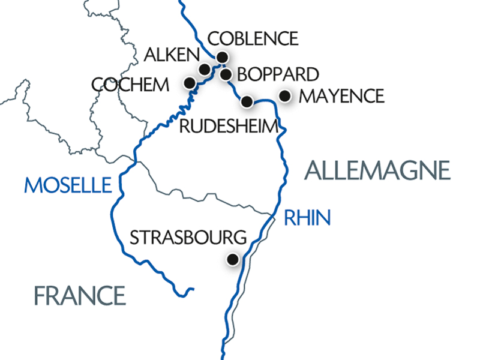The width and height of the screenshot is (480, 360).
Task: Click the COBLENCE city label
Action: (252, 39)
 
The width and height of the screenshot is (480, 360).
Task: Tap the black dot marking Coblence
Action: (222, 57)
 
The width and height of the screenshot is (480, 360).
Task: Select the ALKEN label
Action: (172, 56)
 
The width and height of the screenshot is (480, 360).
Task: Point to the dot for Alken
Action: (204, 68)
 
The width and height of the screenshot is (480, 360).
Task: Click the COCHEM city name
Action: (131, 85)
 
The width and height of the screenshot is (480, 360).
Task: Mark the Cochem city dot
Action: (190, 83)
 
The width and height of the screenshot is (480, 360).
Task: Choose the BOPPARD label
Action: (278, 75)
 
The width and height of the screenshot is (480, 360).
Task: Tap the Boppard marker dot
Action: (226, 74)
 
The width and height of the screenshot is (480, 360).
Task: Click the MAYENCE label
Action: (340, 96)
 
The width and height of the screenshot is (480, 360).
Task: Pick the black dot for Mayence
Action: (286, 95)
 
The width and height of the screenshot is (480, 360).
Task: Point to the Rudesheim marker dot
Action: (247, 101)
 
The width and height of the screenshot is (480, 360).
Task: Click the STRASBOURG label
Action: (188, 237)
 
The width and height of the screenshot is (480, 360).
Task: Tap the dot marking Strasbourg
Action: (232, 259)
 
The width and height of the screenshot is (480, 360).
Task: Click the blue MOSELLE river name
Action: (68, 185)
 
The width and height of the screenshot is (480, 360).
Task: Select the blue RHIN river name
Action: (307, 218)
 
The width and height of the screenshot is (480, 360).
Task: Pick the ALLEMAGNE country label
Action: (377, 171)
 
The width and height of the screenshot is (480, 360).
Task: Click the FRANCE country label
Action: (79, 295)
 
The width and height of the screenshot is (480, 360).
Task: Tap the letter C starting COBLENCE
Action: (213, 39)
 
